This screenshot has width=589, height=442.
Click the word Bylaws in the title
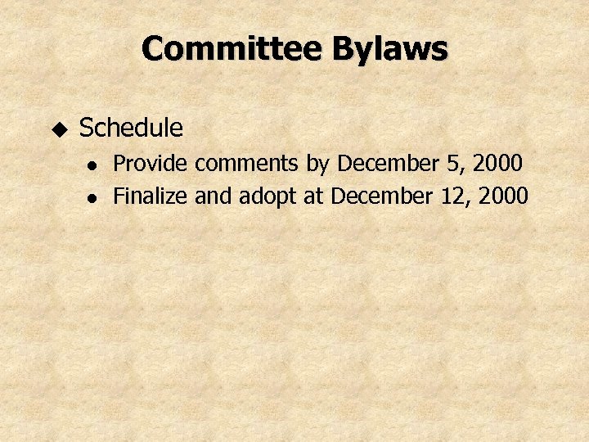[x=389, y=50]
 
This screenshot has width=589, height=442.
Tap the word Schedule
[x=131, y=128]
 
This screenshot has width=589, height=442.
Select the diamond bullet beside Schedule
[x=58, y=129]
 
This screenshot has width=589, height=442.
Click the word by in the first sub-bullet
[x=317, y=165]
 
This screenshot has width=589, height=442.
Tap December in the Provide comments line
[x=389, y=164]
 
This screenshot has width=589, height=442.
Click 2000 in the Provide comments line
[x=497, y=164]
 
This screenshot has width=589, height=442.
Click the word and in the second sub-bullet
[x=213, y=196]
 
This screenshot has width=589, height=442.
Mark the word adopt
[x=262, y=197]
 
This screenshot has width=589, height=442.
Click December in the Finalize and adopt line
[x=383, y=196]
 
